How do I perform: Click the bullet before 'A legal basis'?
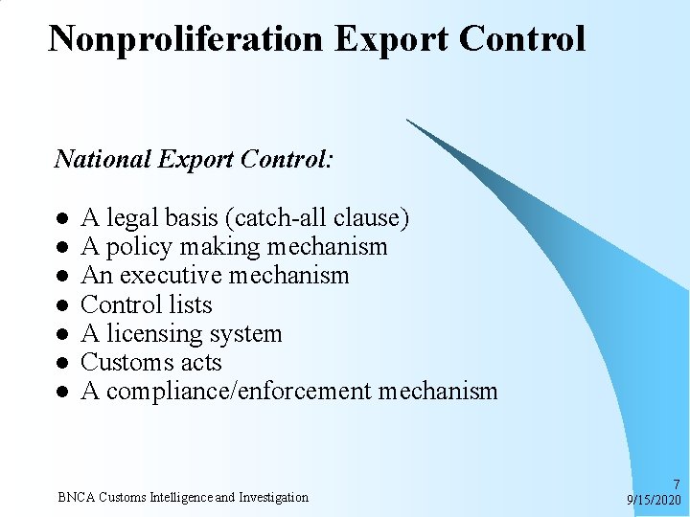pyautogui.click(x=60, y=219)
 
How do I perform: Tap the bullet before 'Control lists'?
pyautogui.click(x=60, y=305)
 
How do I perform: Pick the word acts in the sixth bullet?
pyautogui.click(x=201, y=363)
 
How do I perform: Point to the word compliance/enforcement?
pyautogui.click(x=239, y=392)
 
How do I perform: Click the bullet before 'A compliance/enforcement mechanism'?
pyautogui.click(x=60, y=392)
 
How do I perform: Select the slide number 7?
pyautogui.click(x=677, y=484)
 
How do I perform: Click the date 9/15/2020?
pyautogui.click(x=654, y=500)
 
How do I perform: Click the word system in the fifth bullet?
pyautogui.click(x=250, y=334)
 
